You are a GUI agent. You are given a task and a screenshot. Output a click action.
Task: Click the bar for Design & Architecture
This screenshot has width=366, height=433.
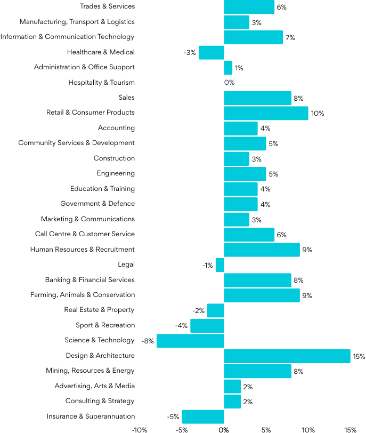[287, 356]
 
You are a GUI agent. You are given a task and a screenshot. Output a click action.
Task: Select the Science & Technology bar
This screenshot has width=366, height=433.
[190, 341]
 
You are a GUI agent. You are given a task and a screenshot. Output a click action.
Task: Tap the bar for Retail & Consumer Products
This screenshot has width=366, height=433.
[266, 113]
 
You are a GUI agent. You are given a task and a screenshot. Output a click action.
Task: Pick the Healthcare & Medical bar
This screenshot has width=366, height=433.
[211, 52]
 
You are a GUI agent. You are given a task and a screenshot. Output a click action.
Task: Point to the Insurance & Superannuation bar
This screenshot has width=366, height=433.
[203, 416]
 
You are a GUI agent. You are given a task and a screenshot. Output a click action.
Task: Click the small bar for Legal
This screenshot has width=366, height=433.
[219, 265]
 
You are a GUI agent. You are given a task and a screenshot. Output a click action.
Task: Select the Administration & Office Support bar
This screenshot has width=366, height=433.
[228, 68]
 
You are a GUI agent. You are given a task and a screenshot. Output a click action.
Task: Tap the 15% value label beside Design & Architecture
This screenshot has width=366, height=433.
[359, 356]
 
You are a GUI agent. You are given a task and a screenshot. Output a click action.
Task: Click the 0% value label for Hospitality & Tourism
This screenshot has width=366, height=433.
[229, 83]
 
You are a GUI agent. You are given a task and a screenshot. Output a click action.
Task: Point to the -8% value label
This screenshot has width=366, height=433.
[147, 341]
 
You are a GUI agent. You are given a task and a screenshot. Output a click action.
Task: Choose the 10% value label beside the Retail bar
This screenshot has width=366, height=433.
[318, 114]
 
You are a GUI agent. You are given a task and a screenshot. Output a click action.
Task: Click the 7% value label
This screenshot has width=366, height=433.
[290, 37]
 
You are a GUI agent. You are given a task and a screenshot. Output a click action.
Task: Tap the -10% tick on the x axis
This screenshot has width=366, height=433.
[139, 429]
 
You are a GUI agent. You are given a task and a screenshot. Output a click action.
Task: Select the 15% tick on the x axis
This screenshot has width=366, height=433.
[350, 429]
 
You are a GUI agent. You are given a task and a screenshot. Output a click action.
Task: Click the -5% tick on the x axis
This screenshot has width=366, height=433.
[181, 429]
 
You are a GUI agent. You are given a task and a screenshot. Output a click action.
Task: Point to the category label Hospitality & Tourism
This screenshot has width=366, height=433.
[101, 83]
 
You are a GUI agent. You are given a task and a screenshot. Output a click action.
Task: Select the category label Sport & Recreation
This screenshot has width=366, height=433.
[105, 325]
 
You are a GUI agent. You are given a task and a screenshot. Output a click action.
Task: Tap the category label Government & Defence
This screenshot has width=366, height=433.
[97, 204]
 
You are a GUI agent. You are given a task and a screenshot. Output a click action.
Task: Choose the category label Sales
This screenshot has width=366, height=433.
[126, 98]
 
